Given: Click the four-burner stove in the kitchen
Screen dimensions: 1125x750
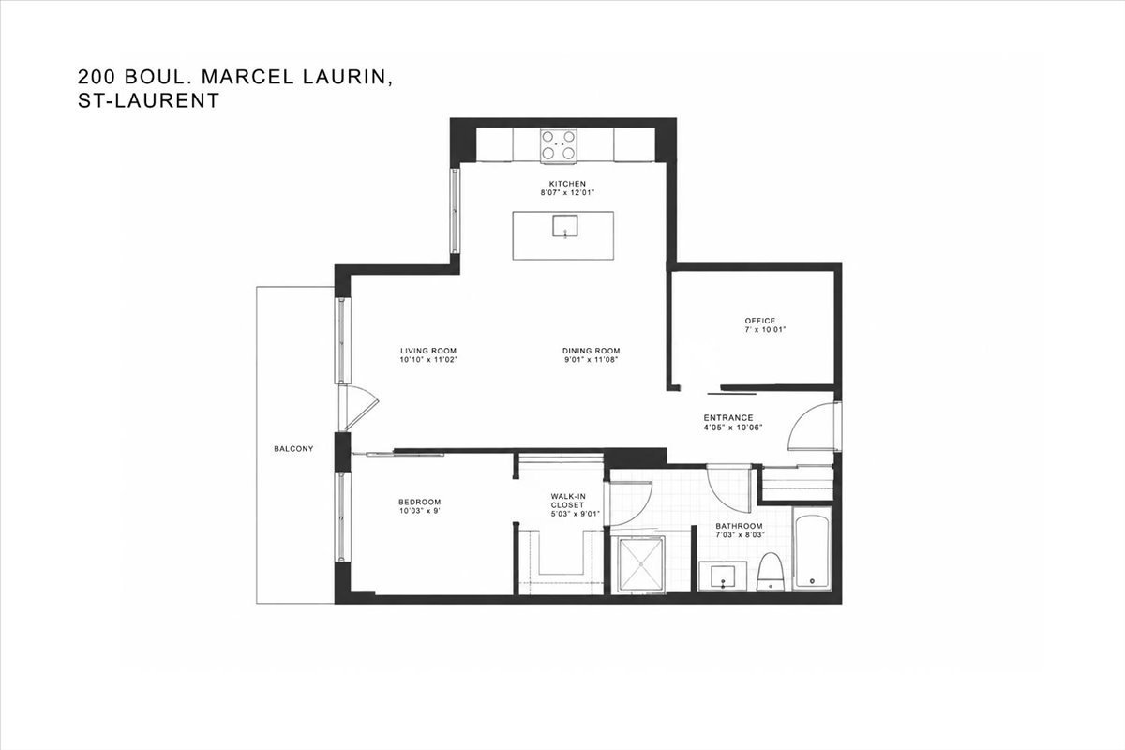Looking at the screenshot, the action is click(559, 145).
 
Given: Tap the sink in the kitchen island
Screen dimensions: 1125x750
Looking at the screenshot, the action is click(565, 226).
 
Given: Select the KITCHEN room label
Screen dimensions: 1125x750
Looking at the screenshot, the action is click(567, 184).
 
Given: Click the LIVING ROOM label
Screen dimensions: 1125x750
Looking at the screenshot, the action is click(428, 351).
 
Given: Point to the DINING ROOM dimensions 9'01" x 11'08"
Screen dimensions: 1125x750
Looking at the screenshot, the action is click(591, 360).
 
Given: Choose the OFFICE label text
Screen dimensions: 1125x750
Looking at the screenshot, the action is click(760, 321).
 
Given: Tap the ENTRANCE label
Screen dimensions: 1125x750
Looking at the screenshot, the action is click(728, 417).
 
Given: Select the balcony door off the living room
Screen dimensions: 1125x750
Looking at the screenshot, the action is click(357, 407).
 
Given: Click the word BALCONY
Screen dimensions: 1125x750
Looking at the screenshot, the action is click(293, 448).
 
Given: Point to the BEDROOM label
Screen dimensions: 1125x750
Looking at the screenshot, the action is click(419, 502).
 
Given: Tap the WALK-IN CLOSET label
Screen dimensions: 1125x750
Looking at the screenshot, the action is click(568, 501).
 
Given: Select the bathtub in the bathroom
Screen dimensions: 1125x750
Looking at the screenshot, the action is click(812, 549).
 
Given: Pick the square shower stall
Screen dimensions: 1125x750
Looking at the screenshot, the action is click(641, 564).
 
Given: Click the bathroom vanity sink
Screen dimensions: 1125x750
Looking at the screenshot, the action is click(723, 577).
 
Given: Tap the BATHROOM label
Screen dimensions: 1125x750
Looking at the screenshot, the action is click(739, 526).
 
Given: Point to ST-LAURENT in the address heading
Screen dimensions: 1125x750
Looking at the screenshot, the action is click(149, 100).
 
